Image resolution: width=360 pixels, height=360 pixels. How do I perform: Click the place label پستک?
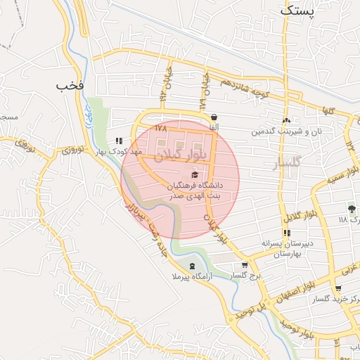(296, 11)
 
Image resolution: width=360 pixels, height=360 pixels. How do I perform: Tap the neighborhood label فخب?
(70, 85)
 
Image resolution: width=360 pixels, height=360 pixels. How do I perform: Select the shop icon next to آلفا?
(213, 118)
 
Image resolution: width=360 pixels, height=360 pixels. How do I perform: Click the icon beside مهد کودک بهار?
(118, 141)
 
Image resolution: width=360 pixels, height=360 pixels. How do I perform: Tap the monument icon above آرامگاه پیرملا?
(193, 265)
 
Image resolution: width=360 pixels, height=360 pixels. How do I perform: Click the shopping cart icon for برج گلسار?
(244, 265)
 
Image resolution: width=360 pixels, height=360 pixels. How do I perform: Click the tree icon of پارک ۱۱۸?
(352, 208)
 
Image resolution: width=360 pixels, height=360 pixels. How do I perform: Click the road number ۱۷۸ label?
(161, 129)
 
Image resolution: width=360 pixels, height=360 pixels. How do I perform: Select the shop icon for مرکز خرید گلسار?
(338, 288)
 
